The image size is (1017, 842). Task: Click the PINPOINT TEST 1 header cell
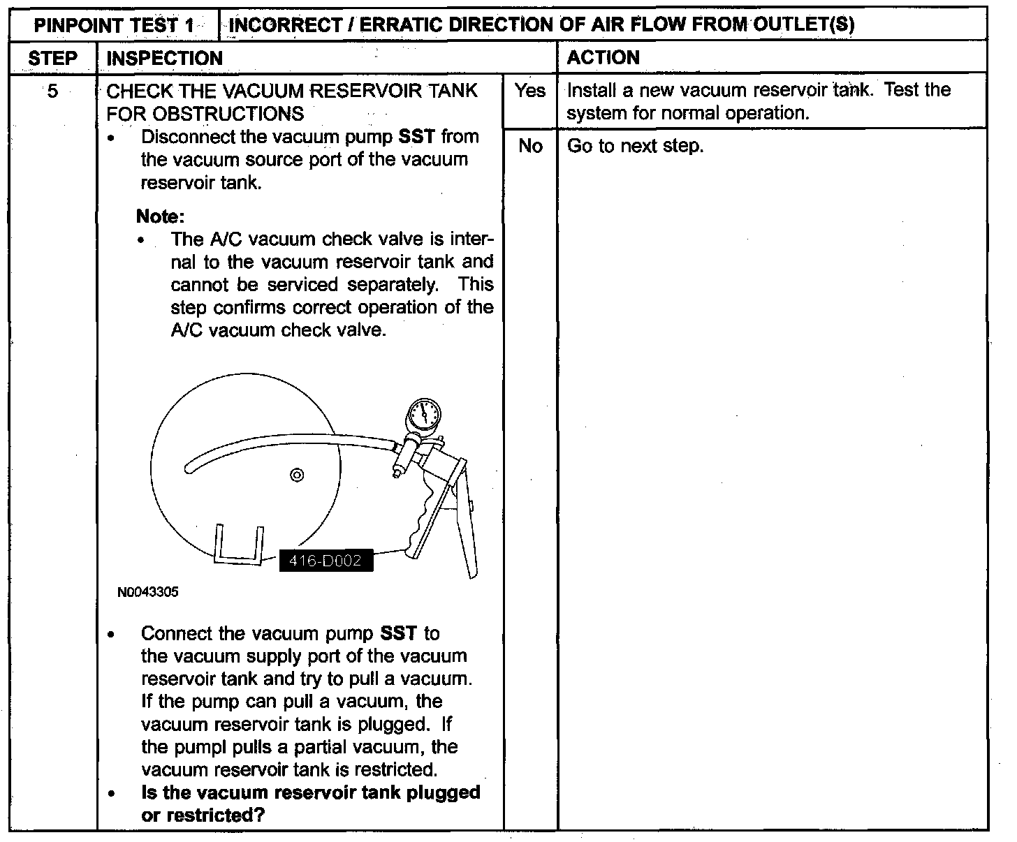click(x=115, y=26)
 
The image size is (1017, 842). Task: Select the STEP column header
click(x=53, y=58)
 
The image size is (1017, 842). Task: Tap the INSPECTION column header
click(x=164, y=58)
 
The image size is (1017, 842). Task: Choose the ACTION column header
click(x=603, y=57)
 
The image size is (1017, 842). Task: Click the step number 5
click(x=53, y=91)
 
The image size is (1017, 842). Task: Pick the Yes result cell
click(x=530, y=91)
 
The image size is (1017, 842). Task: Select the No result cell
click(x=530, y=146)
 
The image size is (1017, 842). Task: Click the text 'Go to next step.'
click(x=635, y=146)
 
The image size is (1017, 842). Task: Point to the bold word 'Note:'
click(x=160, y=216)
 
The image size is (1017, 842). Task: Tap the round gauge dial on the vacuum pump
click(x=423, y=415)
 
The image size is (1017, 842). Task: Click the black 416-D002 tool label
click(x=325, y=561)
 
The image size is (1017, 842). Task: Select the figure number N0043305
click(x=148, y=592)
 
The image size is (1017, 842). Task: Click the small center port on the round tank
click(x=297, y=475)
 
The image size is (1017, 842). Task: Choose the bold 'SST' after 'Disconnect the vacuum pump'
click(x=416, y=136)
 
